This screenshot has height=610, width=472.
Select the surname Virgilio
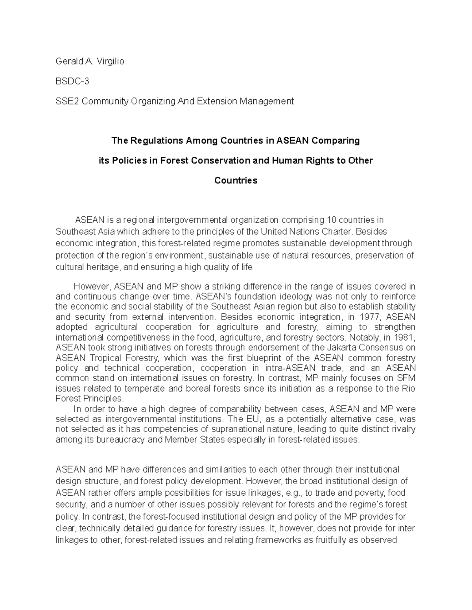pos(109,61)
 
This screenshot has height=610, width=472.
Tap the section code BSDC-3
pos(72,81)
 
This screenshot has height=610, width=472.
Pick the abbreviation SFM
pos(407,378)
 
